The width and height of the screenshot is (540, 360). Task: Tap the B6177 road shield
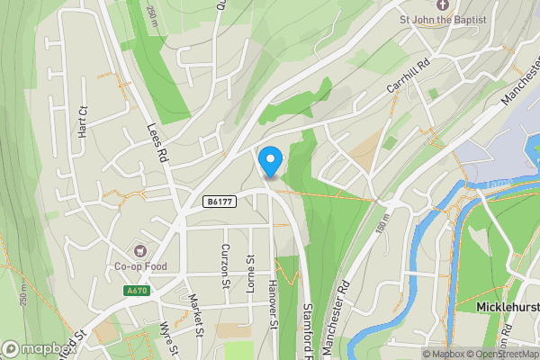click(220, 202)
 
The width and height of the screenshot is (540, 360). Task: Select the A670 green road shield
click(137, 291)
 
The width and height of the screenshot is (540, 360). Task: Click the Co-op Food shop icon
click(139, 249)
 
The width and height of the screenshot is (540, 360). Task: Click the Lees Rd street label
click(157, 142)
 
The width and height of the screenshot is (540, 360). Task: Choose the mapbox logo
click(36, 348)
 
